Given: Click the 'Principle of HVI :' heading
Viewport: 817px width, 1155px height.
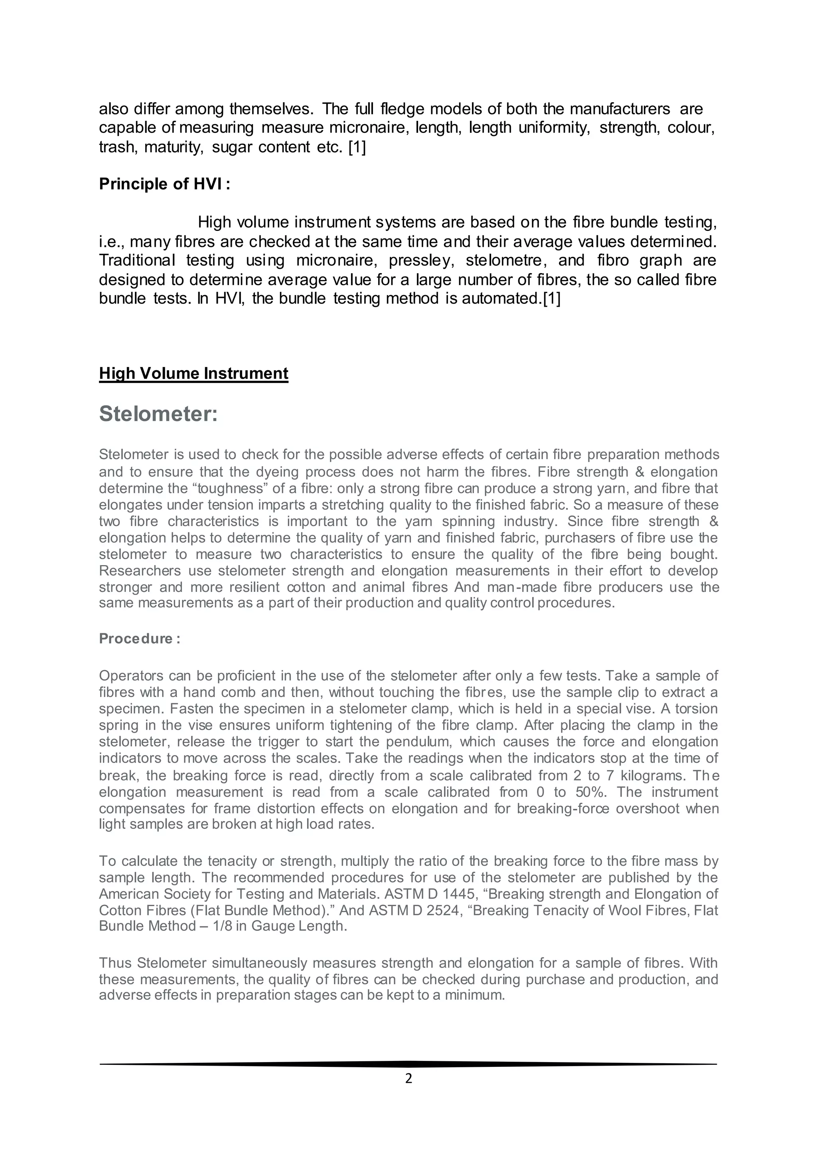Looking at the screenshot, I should click(x=164, y=184).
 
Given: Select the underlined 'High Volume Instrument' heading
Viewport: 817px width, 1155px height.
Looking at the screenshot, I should click(x=194, y=373).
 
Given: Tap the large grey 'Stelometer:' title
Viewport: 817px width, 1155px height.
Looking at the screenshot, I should click(x=158, y=414).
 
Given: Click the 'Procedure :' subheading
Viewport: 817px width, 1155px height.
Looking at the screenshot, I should click(x=139, y=639).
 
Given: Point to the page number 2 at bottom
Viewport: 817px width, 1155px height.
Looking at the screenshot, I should click(x=408, y=1078).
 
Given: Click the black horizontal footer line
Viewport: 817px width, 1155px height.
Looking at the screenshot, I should click(x=408, y=1064).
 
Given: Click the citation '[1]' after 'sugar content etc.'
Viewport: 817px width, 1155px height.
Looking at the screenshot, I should click(x=357, y=148).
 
